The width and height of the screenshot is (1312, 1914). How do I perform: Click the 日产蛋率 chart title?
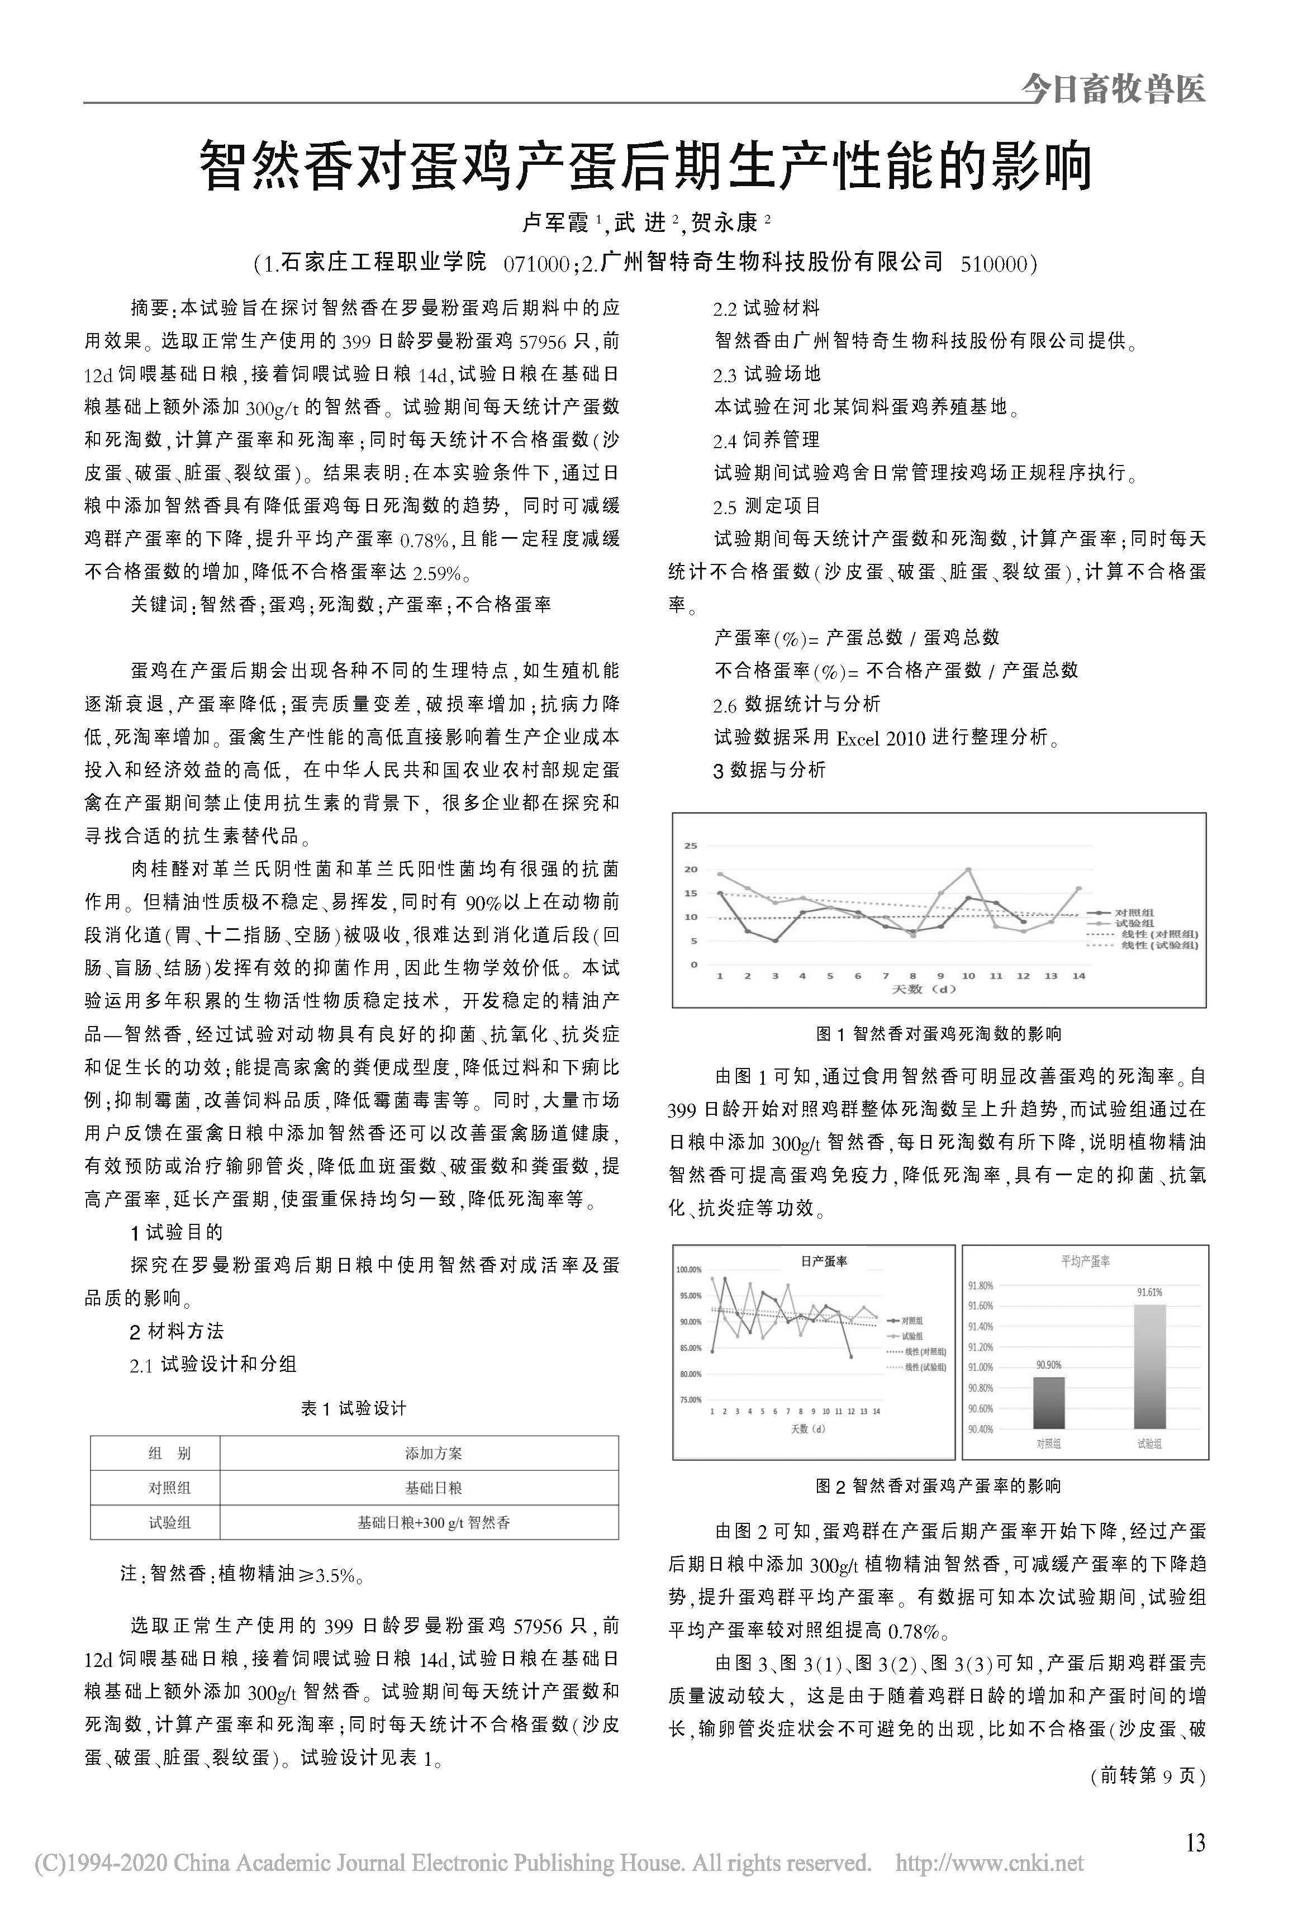[824, 1261]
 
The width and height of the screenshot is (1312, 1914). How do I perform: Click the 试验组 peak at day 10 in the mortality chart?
[968, 870]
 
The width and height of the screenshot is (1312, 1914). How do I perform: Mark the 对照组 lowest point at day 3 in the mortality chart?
[775, 941]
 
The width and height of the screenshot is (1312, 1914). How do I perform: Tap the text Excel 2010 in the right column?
[881, 738]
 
